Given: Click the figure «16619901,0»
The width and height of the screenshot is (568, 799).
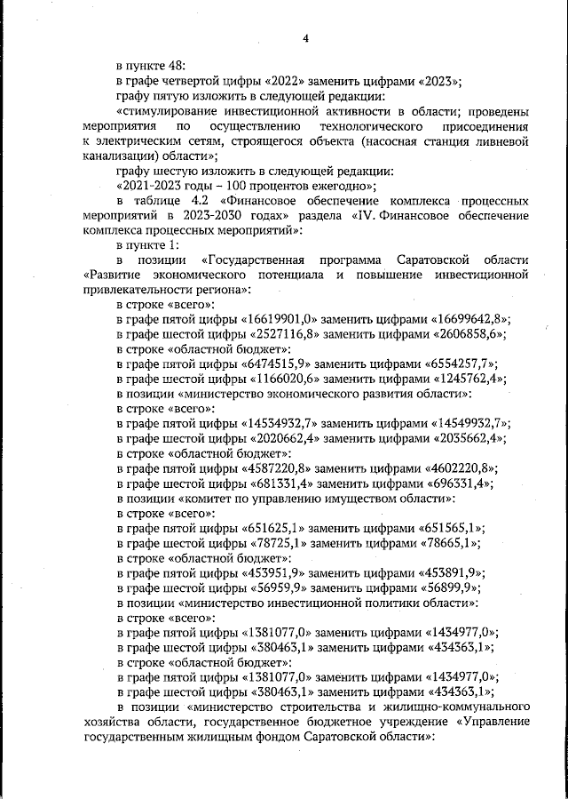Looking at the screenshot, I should click(x=283, y=319).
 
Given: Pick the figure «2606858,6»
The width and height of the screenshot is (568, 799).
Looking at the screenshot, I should click(x=461, y=334).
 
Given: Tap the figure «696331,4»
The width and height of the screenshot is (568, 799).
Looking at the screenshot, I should click(x=451, y=483).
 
